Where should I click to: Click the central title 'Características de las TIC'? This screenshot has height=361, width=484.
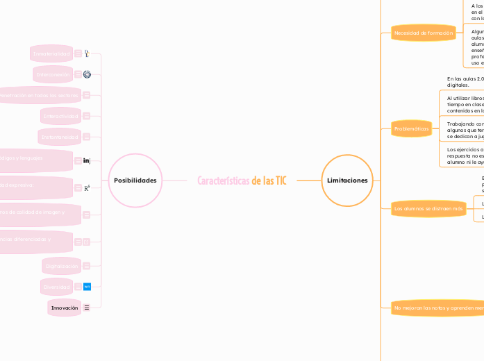coord(242,180)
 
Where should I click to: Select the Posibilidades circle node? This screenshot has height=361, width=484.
coord(135,180)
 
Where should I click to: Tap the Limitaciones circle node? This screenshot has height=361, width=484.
coord(347,180)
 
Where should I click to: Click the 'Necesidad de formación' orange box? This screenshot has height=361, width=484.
coord(423,33)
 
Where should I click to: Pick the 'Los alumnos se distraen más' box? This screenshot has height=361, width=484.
coord(428,208)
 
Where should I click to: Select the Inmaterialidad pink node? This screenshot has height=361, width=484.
coord(52,53)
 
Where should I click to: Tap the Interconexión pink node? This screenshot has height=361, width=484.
coord(53,74)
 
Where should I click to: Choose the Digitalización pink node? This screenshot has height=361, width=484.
coord(61,266)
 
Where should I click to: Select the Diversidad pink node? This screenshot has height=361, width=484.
coord(58,286)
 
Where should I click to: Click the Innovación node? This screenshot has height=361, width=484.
coord(64,307)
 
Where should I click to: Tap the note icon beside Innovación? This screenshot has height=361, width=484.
coord(87,307)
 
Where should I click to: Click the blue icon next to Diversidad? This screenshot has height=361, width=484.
coord(87,286)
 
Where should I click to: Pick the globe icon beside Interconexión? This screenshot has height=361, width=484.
coord(87,74)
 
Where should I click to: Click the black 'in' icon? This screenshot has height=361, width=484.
coord(87,161)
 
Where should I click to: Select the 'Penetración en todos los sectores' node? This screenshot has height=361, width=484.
coord(38,94)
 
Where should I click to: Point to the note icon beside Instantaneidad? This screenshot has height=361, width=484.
coord(87,137)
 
